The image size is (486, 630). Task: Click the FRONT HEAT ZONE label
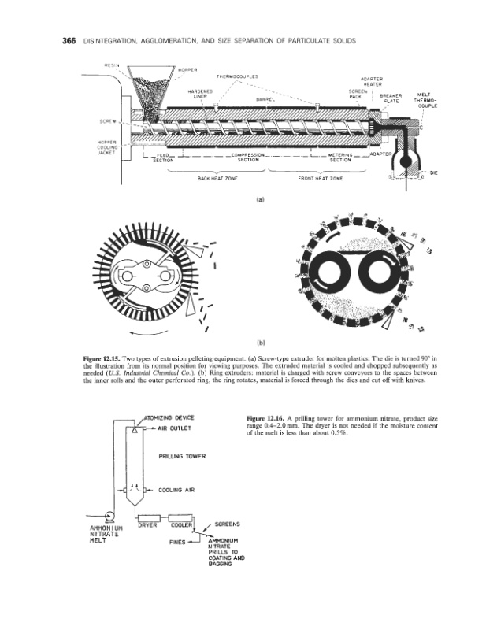point(318,177)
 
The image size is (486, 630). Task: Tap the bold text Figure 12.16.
point(269,416)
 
